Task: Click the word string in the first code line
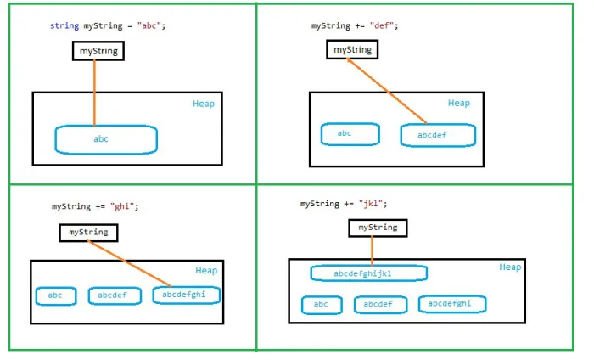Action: (64, 25)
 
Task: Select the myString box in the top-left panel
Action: (98, 52)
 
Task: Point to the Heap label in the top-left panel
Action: (204, 104)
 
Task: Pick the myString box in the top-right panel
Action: (352, 50)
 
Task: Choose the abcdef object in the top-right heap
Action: (437, 135)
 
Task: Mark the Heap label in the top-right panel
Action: (458, 104)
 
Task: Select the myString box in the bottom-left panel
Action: (88, 232)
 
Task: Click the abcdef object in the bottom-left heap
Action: (114, 295)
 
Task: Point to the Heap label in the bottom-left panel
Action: (206, 271)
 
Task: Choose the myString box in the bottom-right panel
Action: (378, 228)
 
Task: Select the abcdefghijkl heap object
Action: (368, 273)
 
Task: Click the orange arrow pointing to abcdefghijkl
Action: (372, 250)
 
